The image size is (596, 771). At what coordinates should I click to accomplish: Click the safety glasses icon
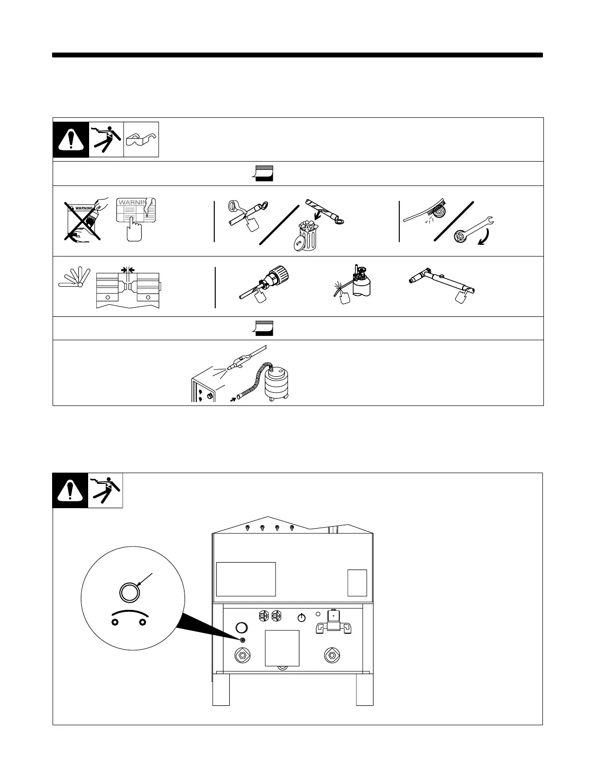click(141, 140)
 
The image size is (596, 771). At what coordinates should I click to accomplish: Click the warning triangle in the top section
click(71, 140)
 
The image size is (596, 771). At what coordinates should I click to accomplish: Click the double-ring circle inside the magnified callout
click(130, 592)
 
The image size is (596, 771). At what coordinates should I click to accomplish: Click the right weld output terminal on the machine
click(332, 655)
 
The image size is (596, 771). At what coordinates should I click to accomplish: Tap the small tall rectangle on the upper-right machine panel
click(357, 582)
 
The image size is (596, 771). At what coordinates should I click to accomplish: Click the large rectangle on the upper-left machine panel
click(246, 579)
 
